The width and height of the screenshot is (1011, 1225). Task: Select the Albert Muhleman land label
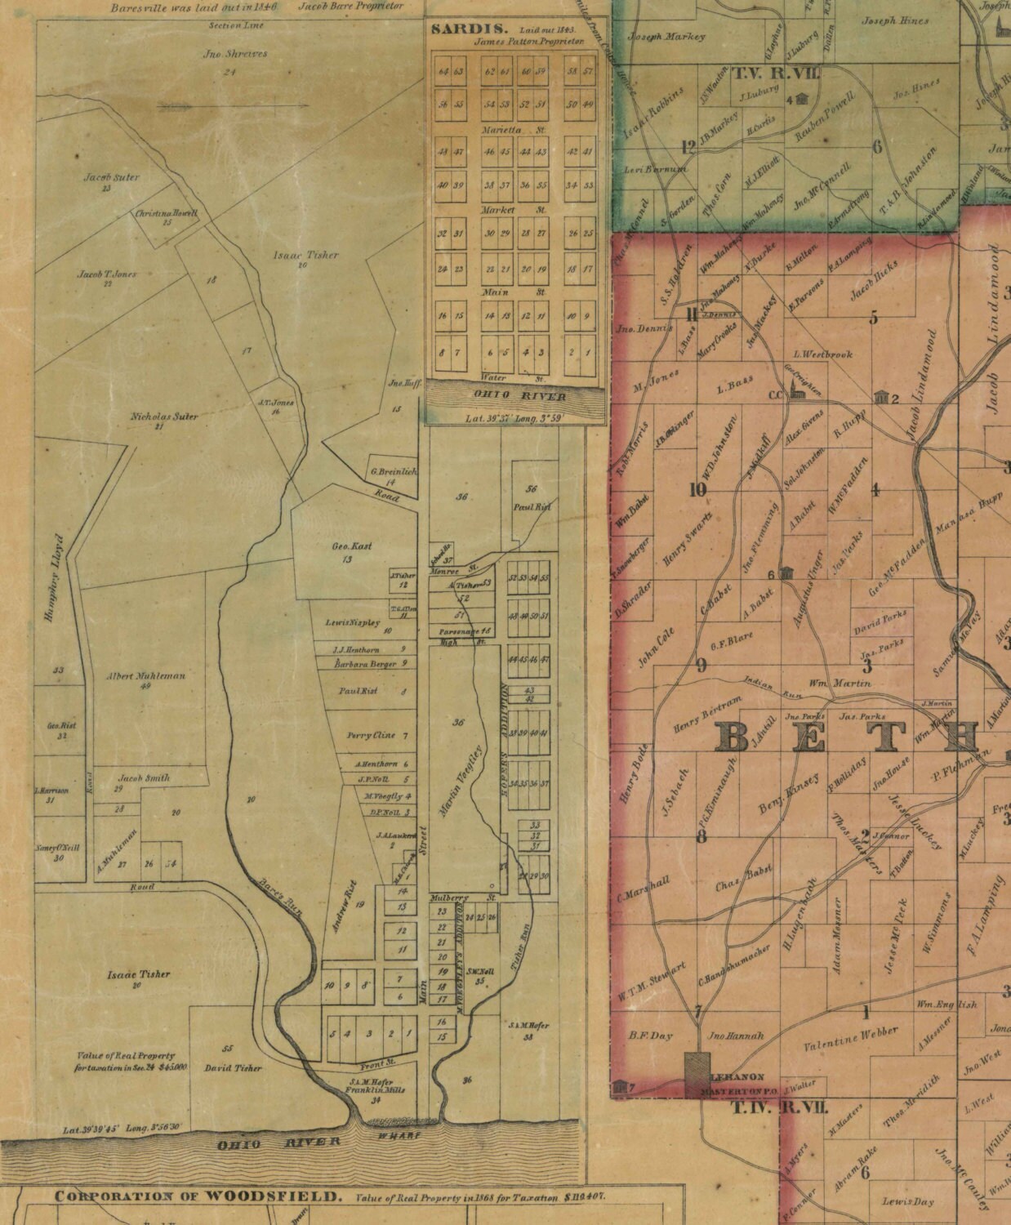pos(146,676)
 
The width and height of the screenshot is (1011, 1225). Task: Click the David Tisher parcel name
pos(233,1067)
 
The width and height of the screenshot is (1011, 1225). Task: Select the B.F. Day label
pos(650,1036)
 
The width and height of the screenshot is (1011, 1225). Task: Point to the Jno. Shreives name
pos(234,55)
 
